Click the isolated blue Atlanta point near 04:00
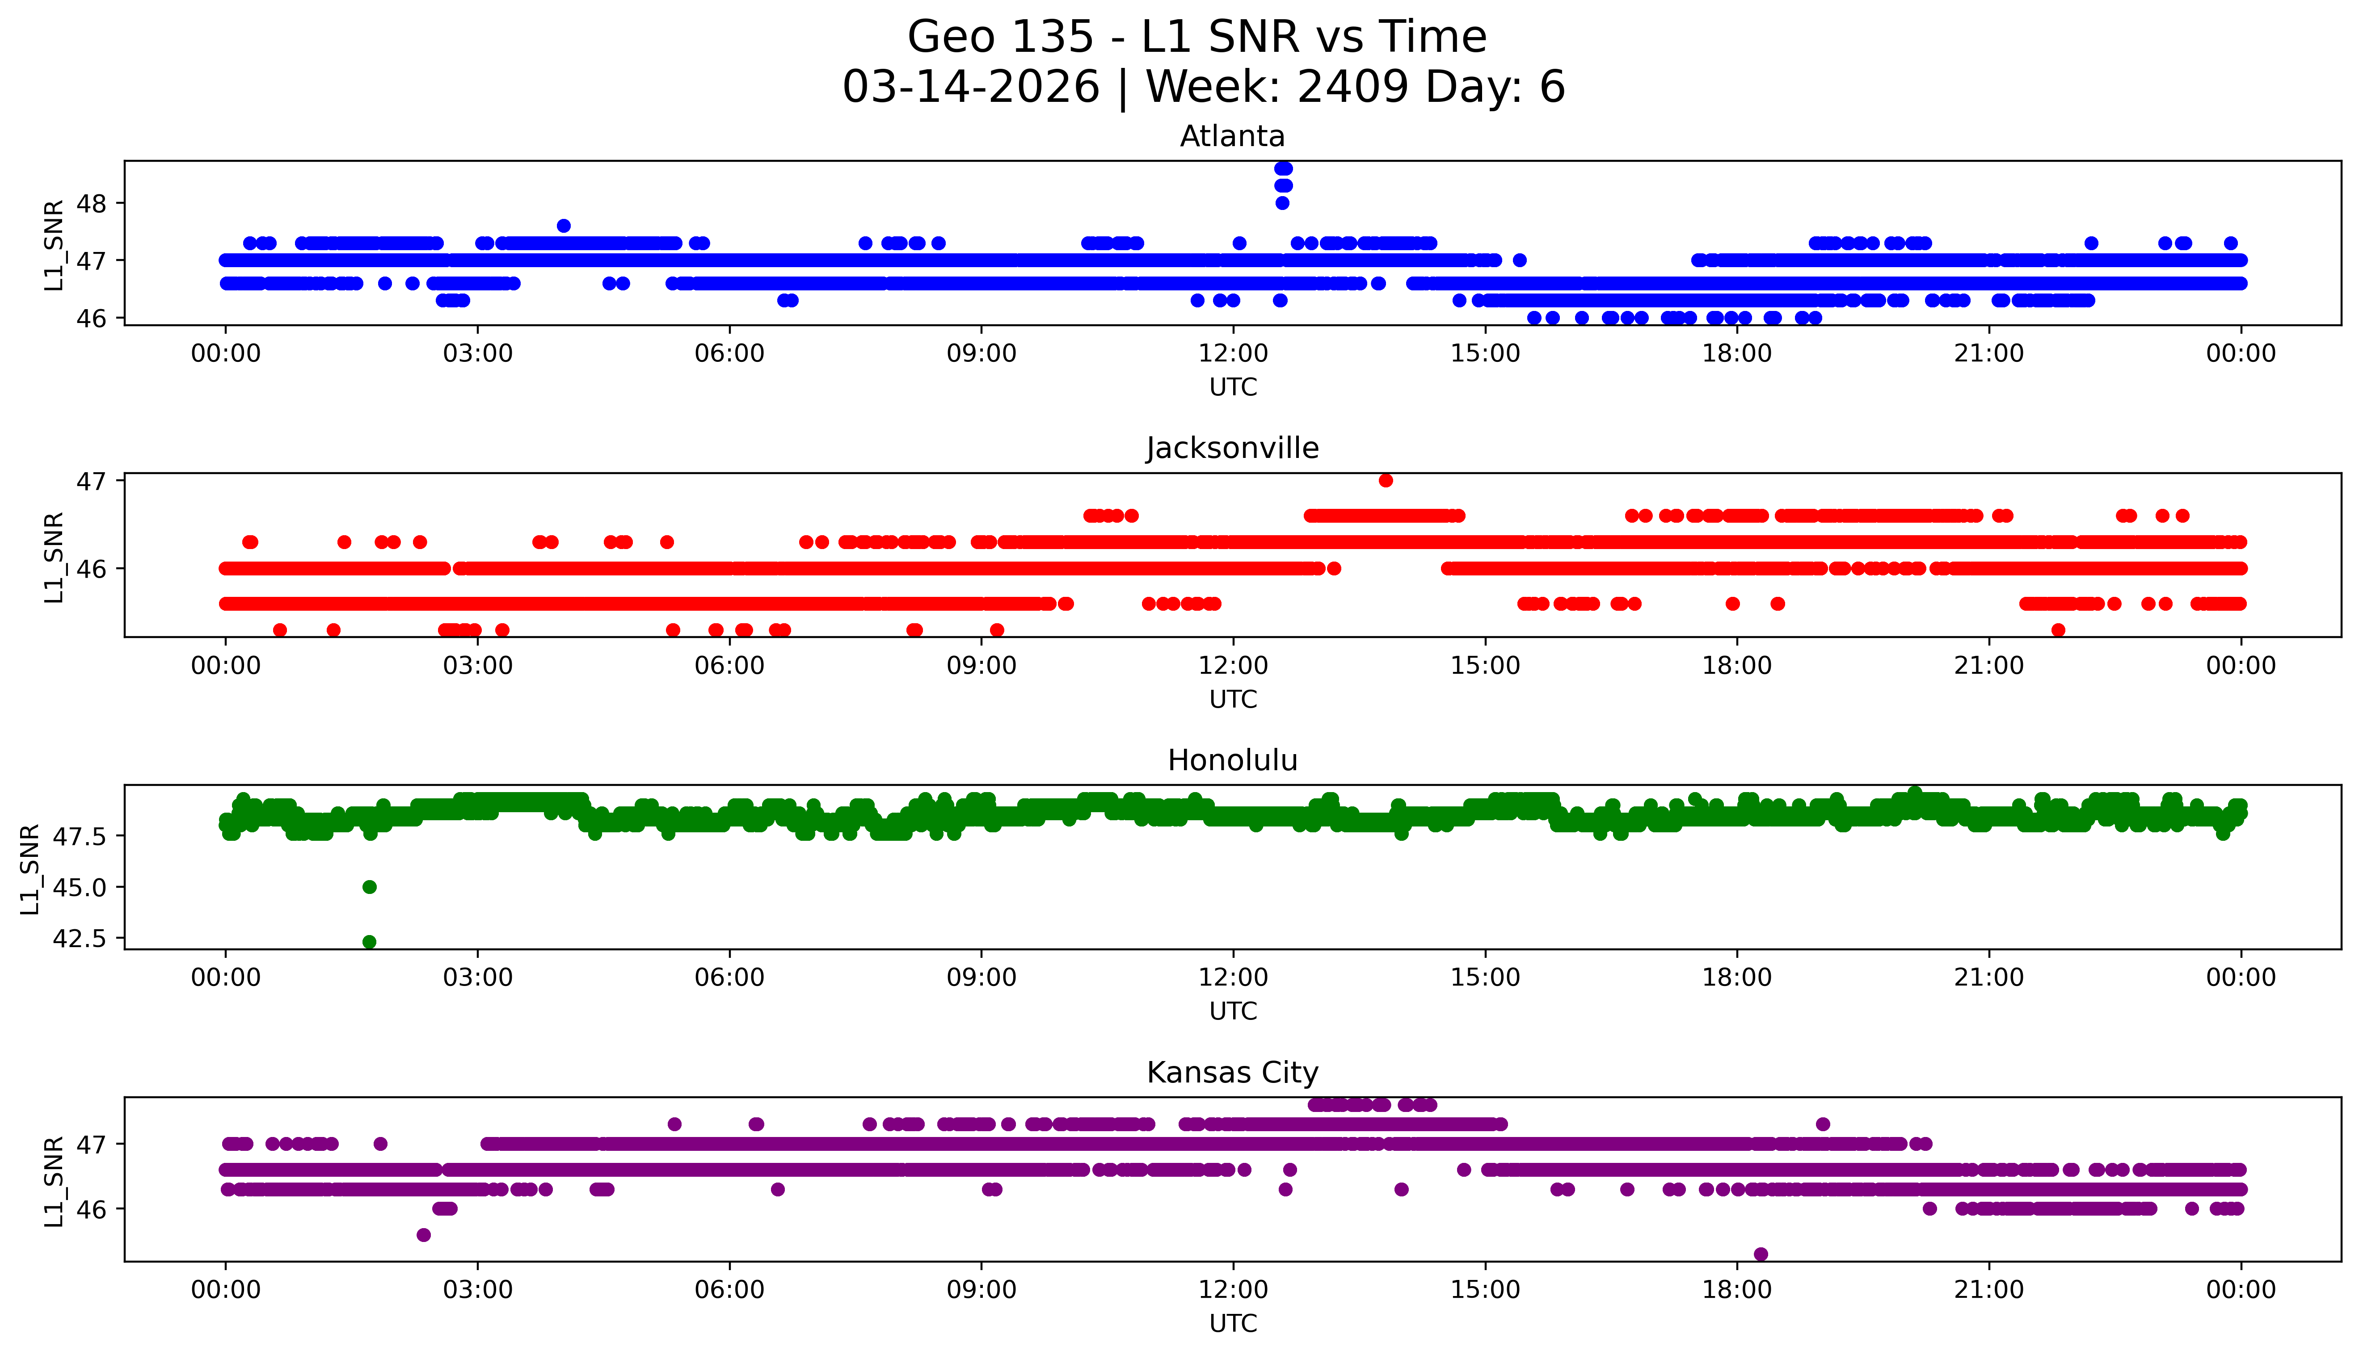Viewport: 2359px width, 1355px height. point(563,226)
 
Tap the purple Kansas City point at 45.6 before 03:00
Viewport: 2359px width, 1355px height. point(424,1235)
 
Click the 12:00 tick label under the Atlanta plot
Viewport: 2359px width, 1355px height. point(1233,354)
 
